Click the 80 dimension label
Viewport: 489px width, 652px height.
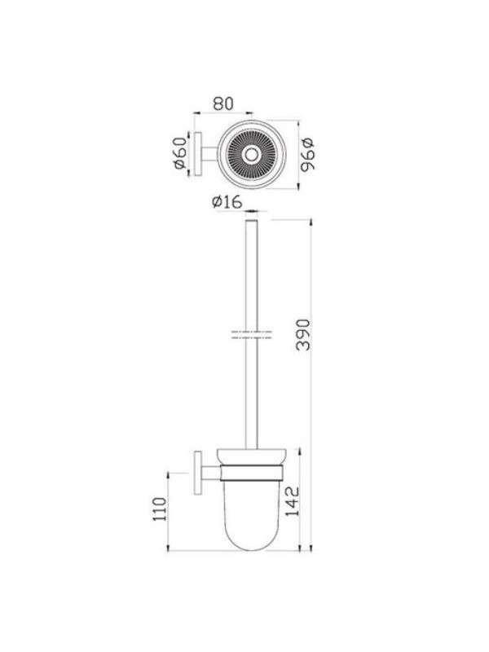click(223, 104)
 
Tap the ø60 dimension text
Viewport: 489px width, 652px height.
click(180, 153)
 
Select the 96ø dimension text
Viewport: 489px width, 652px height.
click(308, 155)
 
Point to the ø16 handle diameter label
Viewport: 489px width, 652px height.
click(227, 202)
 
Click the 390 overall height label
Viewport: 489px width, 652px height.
click(304, 335)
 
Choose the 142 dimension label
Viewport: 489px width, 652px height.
click(293, 501)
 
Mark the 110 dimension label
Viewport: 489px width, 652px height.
click(159, 509)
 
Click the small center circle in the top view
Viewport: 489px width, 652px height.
click(251, 155)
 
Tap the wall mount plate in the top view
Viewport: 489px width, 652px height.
click(198, 155)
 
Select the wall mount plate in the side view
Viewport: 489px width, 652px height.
click(198, 474)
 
